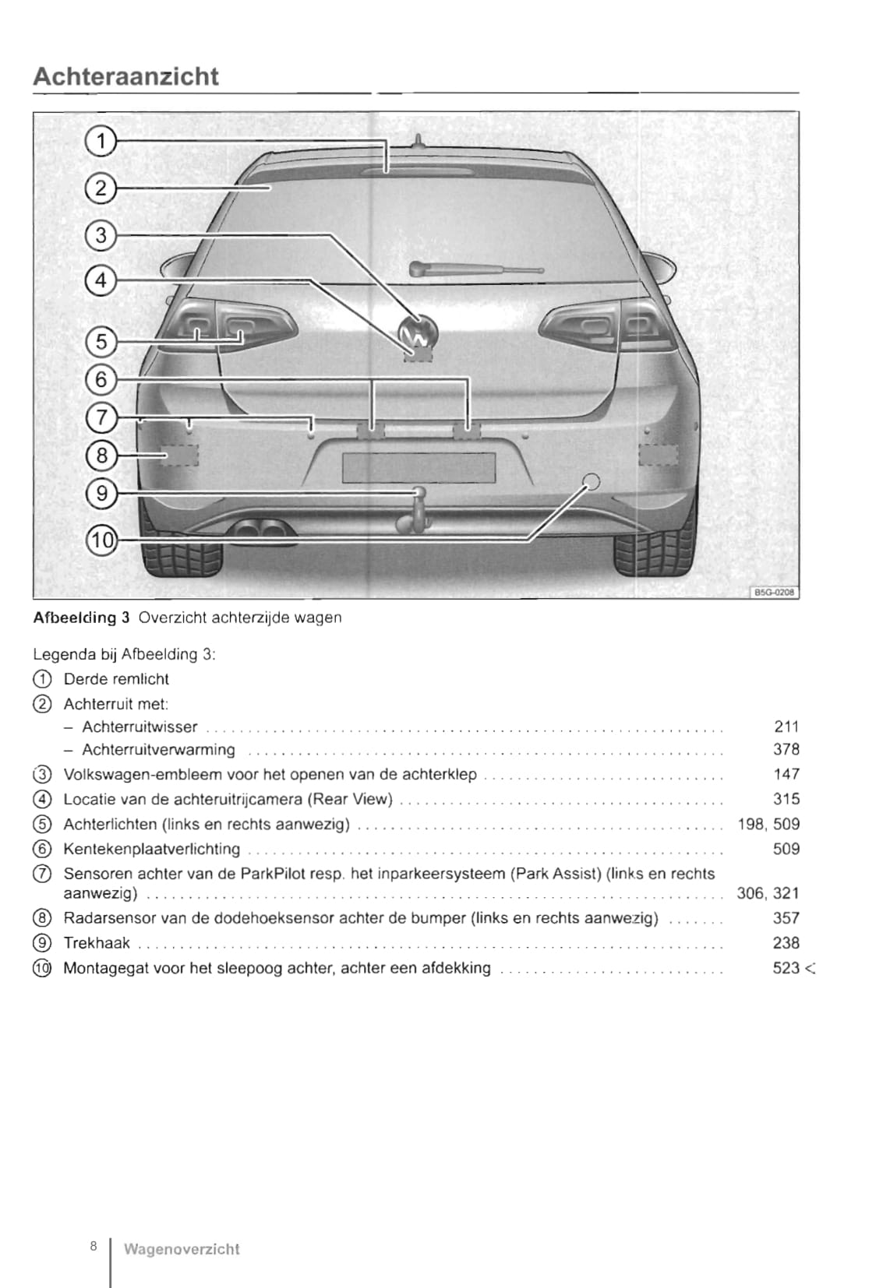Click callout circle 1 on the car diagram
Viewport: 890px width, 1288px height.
coord(101,142)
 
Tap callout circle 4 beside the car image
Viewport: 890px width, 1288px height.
coord(101,280)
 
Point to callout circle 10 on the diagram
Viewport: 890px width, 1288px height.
coord(101,540)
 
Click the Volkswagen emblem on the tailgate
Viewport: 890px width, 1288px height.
coord(419,333)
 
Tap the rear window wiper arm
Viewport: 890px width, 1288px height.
coord(475,269)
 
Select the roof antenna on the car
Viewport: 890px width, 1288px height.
coord(418,142)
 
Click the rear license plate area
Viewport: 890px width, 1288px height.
coord(419,468)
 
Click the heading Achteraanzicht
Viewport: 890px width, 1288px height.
coord(125,76)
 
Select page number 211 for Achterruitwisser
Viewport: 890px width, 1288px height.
coord(786,727)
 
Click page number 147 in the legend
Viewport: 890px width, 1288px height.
coord(786,774)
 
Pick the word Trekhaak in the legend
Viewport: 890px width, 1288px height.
coord(97,943)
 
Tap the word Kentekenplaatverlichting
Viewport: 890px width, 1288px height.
coord(152,849)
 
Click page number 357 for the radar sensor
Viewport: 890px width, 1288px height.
coord(786,918)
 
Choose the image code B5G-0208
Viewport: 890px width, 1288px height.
coord(775,593)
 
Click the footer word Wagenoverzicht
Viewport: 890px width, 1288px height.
coord(182,1249)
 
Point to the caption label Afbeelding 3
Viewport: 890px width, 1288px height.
coord(81,618)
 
